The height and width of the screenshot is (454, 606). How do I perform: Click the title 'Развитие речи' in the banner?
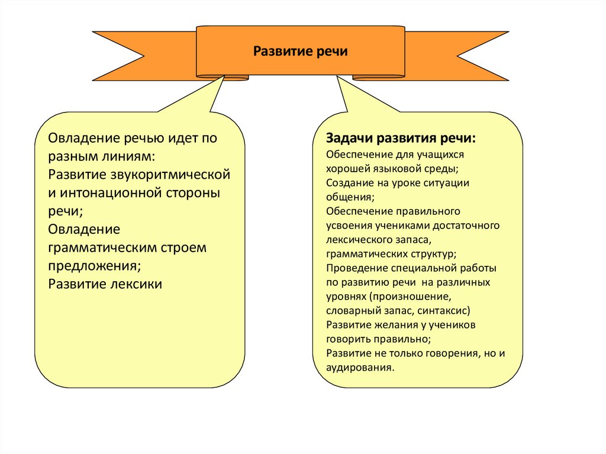(301, 51)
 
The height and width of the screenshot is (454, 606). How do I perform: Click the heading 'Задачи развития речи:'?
(401, 139)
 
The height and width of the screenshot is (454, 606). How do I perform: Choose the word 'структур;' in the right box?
(434, 253)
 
